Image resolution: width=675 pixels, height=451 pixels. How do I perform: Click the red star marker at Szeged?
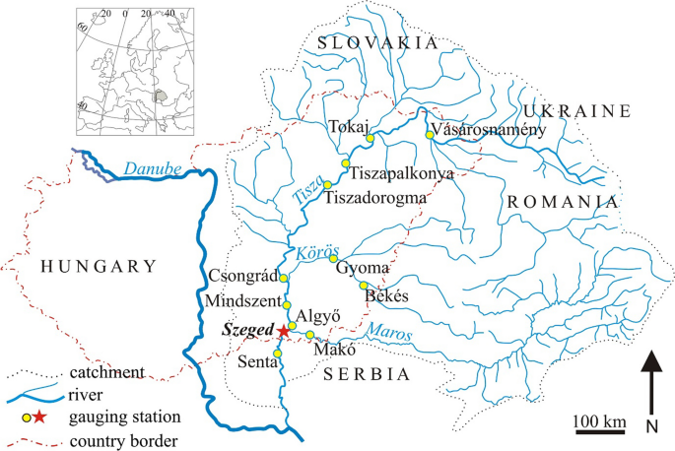(x=283, y=331)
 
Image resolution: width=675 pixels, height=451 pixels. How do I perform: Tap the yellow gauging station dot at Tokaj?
(x=370, y=139)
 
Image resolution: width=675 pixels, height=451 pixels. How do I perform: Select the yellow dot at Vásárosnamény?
(x=429, y=135)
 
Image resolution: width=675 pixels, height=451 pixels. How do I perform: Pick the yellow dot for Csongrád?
(x=280, y=279)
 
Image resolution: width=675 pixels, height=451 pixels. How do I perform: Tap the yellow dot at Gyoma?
(x=333, y=259)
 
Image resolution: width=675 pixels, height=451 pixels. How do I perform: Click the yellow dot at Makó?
(x=309, y=336)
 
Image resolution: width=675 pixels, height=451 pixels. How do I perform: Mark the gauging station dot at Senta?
(x=278, y=354)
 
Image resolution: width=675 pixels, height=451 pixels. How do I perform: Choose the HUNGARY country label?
(x=97, y=265)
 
